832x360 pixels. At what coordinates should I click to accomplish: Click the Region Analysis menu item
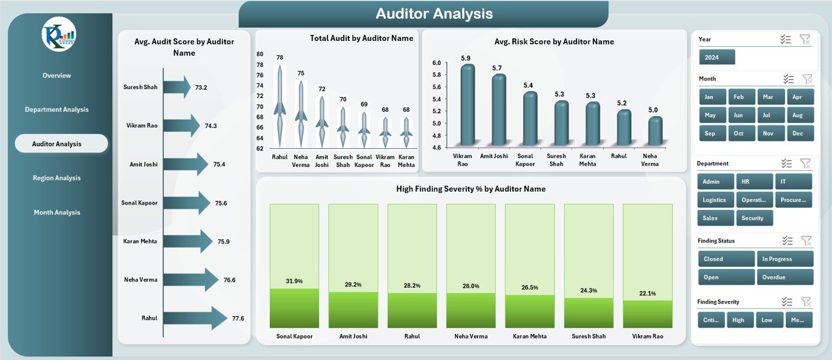tap(57, 178)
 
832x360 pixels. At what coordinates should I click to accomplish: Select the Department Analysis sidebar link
tap(57, 110)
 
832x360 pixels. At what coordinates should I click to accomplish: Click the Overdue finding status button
tap(785, 277)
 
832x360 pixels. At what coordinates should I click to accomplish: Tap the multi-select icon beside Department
tap(786, 163)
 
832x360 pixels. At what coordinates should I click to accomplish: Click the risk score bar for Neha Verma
tap(655, 131)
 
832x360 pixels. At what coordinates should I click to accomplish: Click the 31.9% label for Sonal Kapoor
tap(294, 281)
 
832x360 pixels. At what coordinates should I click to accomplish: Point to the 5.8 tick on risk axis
tap(436, 75)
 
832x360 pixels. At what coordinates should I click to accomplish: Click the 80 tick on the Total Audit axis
tap(260, 54)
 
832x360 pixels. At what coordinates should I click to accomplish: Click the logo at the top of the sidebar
tap(58, 35)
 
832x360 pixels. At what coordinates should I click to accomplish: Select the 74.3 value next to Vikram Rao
tap(211, 126)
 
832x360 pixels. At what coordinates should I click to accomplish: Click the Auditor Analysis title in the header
tap(434, 14)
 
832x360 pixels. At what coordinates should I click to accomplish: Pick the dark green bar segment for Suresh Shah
tap(588, 313)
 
